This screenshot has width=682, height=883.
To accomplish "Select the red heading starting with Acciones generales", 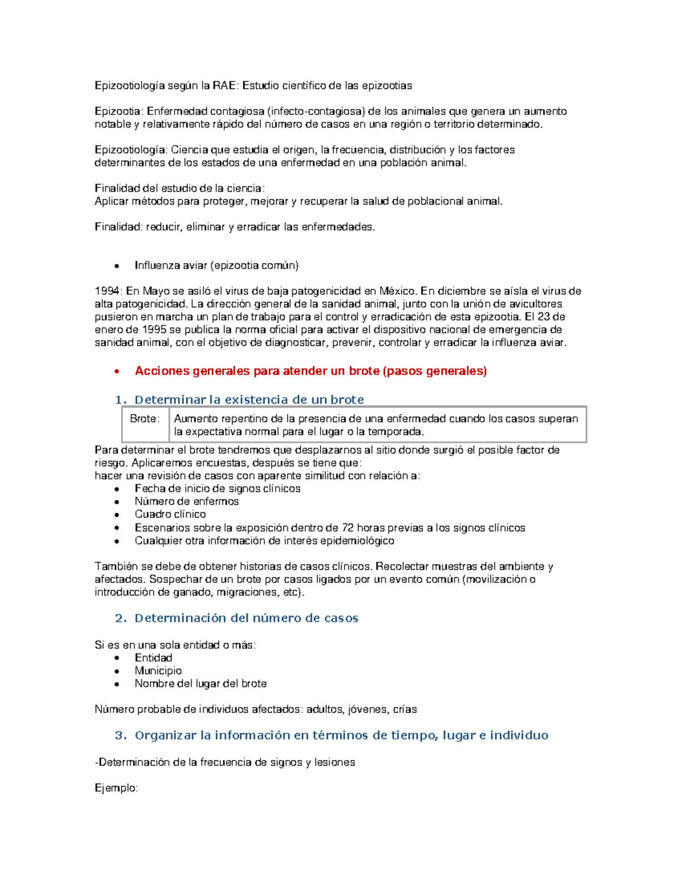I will [x=310, y=371].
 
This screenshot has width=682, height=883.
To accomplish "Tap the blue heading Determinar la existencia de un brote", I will [x=249, y=400].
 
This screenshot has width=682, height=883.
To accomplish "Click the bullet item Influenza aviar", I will [x=216, y=266].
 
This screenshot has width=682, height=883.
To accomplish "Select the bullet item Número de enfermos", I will [x=186, y=501].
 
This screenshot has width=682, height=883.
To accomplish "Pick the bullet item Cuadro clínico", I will [x=170, y=515].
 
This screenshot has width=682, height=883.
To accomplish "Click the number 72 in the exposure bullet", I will [x=348, y=528].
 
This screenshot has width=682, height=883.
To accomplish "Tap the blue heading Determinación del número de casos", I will [x=246, y=618].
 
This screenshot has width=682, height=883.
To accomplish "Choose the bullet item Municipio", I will [x=158, y=671].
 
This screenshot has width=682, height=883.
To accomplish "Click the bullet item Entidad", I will [x=153, y=658].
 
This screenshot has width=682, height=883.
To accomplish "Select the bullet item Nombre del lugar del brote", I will [x=201, y=684].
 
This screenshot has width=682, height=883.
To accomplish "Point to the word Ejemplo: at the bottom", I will [x=116, y=788].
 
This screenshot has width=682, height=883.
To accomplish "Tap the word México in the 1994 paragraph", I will [x=397, y=291].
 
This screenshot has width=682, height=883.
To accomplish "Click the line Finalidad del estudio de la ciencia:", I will [x=180, y=188].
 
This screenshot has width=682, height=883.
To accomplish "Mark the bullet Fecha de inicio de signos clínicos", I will [x=217, y=488].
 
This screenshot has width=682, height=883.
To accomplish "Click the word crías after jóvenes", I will [x=405, y=710].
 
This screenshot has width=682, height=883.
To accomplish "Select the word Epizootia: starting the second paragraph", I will [x=119, y=111].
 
